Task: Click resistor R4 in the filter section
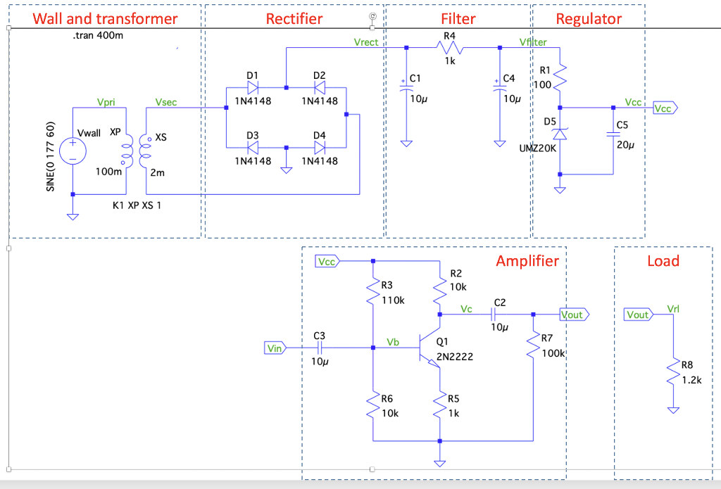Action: click(x=449, y=48)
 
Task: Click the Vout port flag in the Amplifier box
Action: click(x=574, y=315)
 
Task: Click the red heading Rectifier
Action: click(x=294, y=19)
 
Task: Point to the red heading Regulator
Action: click(x=589, y=19)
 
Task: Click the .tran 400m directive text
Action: click(x=98, y=36)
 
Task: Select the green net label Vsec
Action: click(x=166, y=103)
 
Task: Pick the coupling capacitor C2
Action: click(x=499, y=315)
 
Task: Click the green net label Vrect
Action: click(x=365, y=42)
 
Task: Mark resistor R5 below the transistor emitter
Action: click(x=439, y=406)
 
